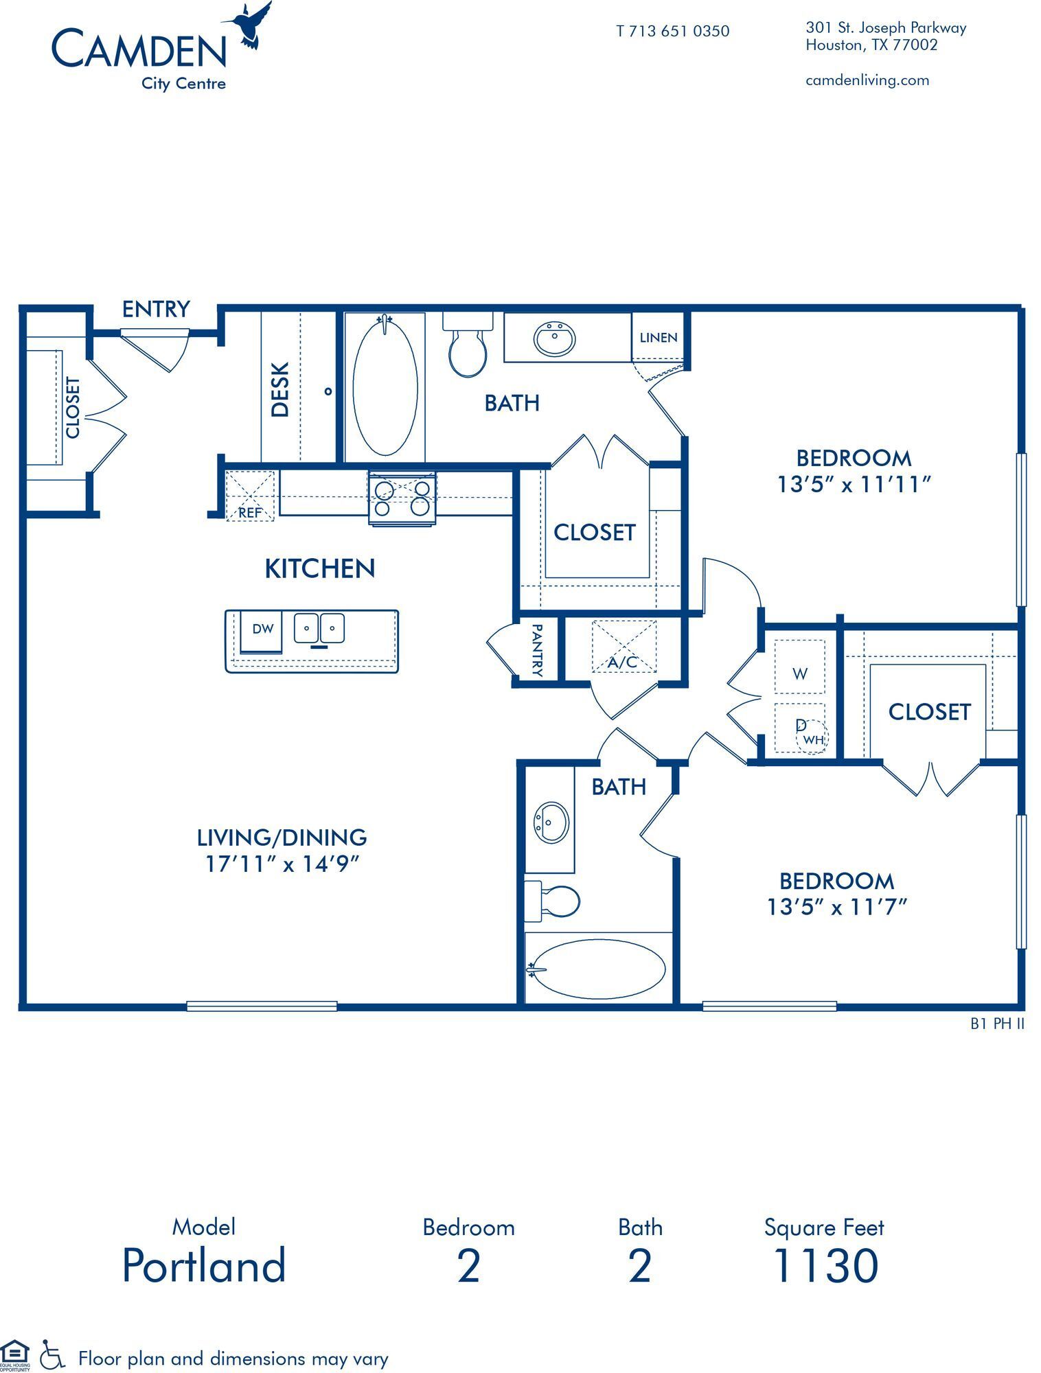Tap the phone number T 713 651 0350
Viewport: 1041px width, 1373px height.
(672, 31)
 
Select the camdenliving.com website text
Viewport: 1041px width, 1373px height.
(867, 80)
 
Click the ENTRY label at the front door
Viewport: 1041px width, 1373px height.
(156, 310)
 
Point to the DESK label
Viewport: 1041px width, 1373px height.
(280, 390)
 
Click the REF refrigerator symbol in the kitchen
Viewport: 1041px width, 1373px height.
(250, 496)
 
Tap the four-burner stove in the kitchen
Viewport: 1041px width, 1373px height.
(402, 498)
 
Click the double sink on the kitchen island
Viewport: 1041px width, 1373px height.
(319, 628)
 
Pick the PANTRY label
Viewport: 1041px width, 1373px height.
(537, 649)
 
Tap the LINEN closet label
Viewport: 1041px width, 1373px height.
(658, 338)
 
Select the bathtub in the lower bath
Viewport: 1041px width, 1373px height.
(599, 969)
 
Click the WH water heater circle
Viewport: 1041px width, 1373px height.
(813, 739)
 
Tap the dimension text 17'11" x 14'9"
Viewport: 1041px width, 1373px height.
(282, 864)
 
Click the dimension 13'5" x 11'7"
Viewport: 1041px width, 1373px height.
(836, 908)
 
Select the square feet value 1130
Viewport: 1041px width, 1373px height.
(825, 1265)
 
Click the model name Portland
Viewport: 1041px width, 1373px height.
(204, 1265)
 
